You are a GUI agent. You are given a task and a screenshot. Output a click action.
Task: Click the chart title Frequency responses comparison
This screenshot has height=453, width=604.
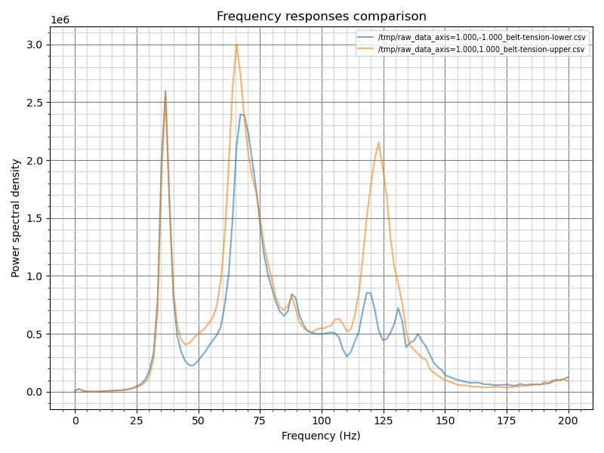321,17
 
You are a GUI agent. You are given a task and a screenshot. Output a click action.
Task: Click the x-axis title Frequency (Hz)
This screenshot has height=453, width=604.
321,436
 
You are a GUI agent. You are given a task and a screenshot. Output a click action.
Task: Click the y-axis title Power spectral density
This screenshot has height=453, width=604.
16,218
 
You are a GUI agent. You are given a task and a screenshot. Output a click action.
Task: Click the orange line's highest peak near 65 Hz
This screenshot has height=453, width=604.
236,44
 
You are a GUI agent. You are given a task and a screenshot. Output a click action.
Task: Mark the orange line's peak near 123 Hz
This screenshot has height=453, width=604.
378,142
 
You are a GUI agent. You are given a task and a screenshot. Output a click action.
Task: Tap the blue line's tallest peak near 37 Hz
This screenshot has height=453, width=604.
165,91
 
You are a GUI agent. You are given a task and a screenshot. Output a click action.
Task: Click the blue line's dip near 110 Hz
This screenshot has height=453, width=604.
347,356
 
